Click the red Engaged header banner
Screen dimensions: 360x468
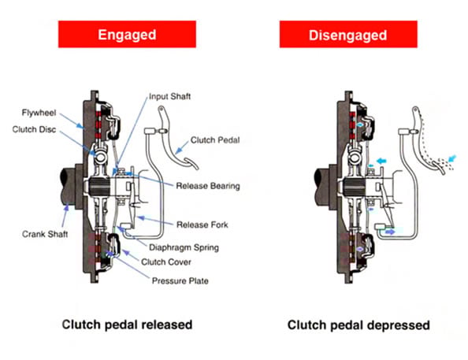tap(125, 36)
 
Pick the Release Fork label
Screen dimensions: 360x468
tap(202, 225)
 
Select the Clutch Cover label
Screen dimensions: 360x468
tap(169, 262)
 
